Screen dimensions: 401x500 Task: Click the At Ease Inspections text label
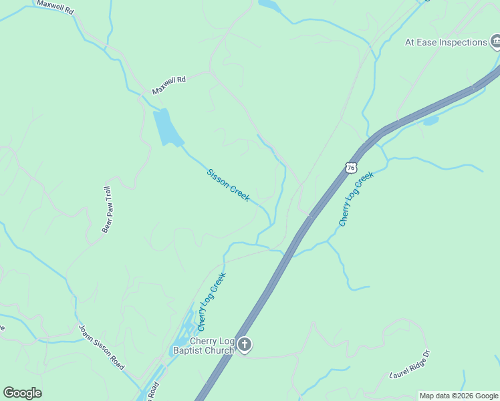446,43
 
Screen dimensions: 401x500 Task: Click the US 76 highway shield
351,167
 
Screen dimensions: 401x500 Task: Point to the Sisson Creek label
228,185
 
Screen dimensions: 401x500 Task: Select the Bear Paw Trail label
106,209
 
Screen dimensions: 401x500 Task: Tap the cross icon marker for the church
245,345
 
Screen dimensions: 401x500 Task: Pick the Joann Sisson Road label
102,348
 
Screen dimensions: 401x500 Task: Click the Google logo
22,393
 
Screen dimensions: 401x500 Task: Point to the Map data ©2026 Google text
459,396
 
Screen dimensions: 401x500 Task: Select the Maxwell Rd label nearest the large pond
168,84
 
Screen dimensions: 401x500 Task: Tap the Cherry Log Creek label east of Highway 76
355,199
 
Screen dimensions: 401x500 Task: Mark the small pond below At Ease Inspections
430,121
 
